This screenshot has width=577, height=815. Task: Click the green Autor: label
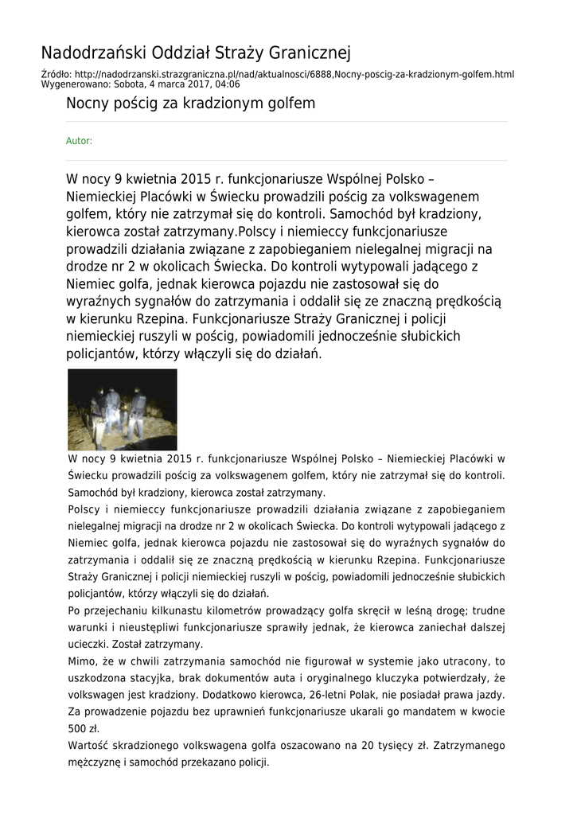tap(79, 141)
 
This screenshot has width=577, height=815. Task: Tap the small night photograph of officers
tap(123, 410)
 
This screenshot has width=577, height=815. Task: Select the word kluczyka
tap(405, 678)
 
